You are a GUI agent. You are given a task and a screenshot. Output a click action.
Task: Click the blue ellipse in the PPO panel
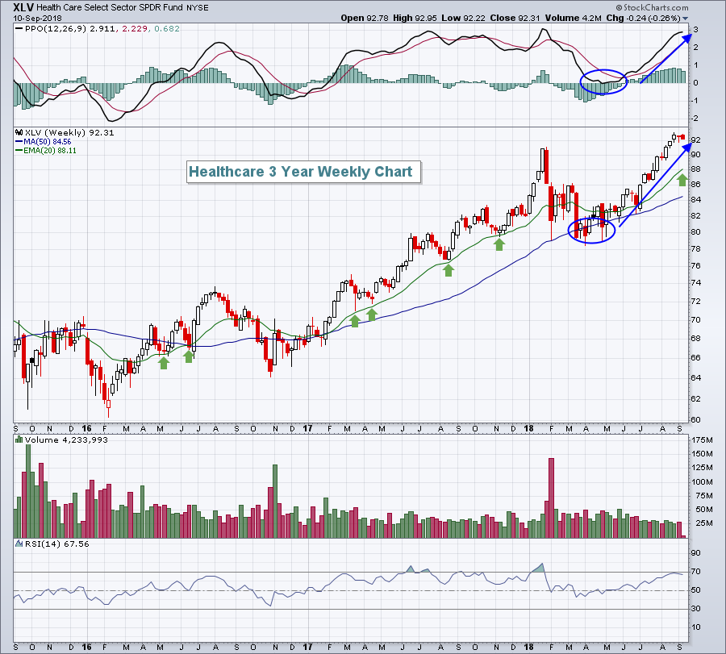[603, 81]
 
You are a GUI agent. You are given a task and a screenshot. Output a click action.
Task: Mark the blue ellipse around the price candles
[592, 231]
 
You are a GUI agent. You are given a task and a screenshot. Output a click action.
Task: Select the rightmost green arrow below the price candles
[682, 179]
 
